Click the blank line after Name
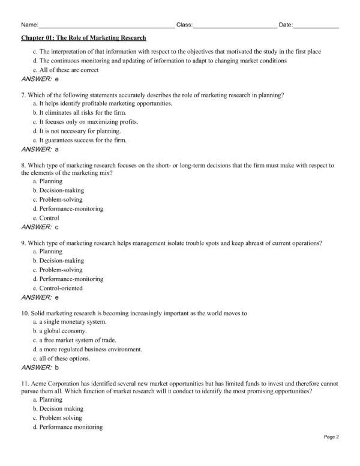pos(106,26)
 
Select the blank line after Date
pos(316,26)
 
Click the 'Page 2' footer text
pos(332,454)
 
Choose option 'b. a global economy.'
pos(59,330)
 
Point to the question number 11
pos(25,383)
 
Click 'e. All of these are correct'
pos(65,70)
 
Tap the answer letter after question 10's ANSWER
pos(56,366)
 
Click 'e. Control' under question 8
pos(45,218)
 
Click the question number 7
pos(22,94)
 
